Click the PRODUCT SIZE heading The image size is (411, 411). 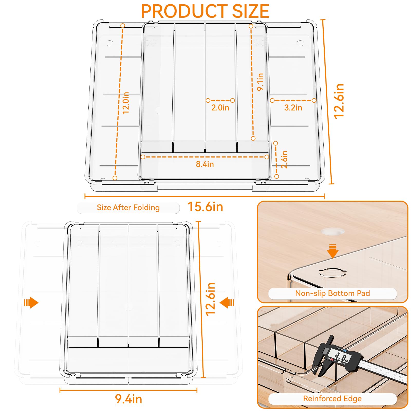tap(205, 11)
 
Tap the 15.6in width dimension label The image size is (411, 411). tap(205, 207)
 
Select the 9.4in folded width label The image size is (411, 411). tap(128, 399)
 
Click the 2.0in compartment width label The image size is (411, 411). tap(220, 108)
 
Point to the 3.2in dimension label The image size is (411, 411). tap(293, 108)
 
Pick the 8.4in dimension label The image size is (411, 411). tap(205, 164)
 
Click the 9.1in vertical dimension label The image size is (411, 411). tap(260, 82)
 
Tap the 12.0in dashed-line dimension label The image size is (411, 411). tap(126, 103)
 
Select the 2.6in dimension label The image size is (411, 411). tap(284, 160)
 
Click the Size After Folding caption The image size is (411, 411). tap(128, 208)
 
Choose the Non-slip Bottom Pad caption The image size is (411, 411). tap(332, 293)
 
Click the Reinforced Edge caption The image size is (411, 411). tap(332, 398)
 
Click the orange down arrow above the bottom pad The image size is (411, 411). tap(333, 251)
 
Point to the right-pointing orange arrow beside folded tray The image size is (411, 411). tap(31, 303)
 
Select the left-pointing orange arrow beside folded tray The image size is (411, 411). tap(227, 303)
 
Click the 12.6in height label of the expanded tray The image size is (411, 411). tap(339, 101)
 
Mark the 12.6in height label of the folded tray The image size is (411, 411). tap(210, 299)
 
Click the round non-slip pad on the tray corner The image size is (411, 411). tap(332, 272)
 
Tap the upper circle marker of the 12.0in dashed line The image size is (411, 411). tap(123, 26)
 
